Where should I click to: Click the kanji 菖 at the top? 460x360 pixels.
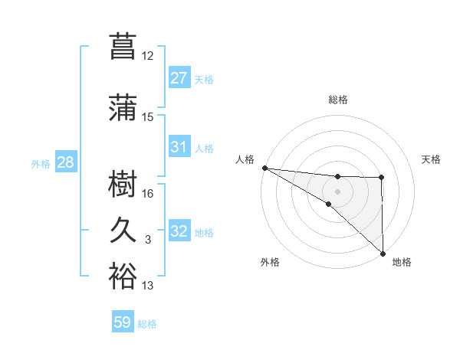click(x=123, y=45)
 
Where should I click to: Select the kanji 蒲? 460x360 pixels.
click(x=123, y=107)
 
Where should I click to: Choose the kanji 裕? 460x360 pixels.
click(x=123, y=277)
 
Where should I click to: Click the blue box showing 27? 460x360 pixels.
click(x=179, y=78)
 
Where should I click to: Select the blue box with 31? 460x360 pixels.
click(x=179, y=147)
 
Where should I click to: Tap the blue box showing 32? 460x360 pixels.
click(x=179, y=232)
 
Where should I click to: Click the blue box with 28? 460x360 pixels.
click(x=65, y=163)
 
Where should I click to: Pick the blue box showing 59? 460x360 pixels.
click(x=123, y=322)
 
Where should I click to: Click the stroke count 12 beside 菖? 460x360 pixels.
click(x=148, y=56)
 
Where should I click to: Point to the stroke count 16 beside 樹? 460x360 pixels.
click(x=148, y=193)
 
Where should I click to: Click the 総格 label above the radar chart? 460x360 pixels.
click(x=338, y=100)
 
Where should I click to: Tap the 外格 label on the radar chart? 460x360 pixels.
click(x=270, y=262)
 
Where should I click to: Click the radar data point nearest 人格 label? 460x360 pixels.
click(x=264, y=168)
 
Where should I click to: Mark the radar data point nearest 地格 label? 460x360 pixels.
click(x=383, y=253)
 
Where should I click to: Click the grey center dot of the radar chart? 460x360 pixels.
click(x=338, y=191)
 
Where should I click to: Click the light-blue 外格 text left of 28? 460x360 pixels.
click(x=41, y=164)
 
